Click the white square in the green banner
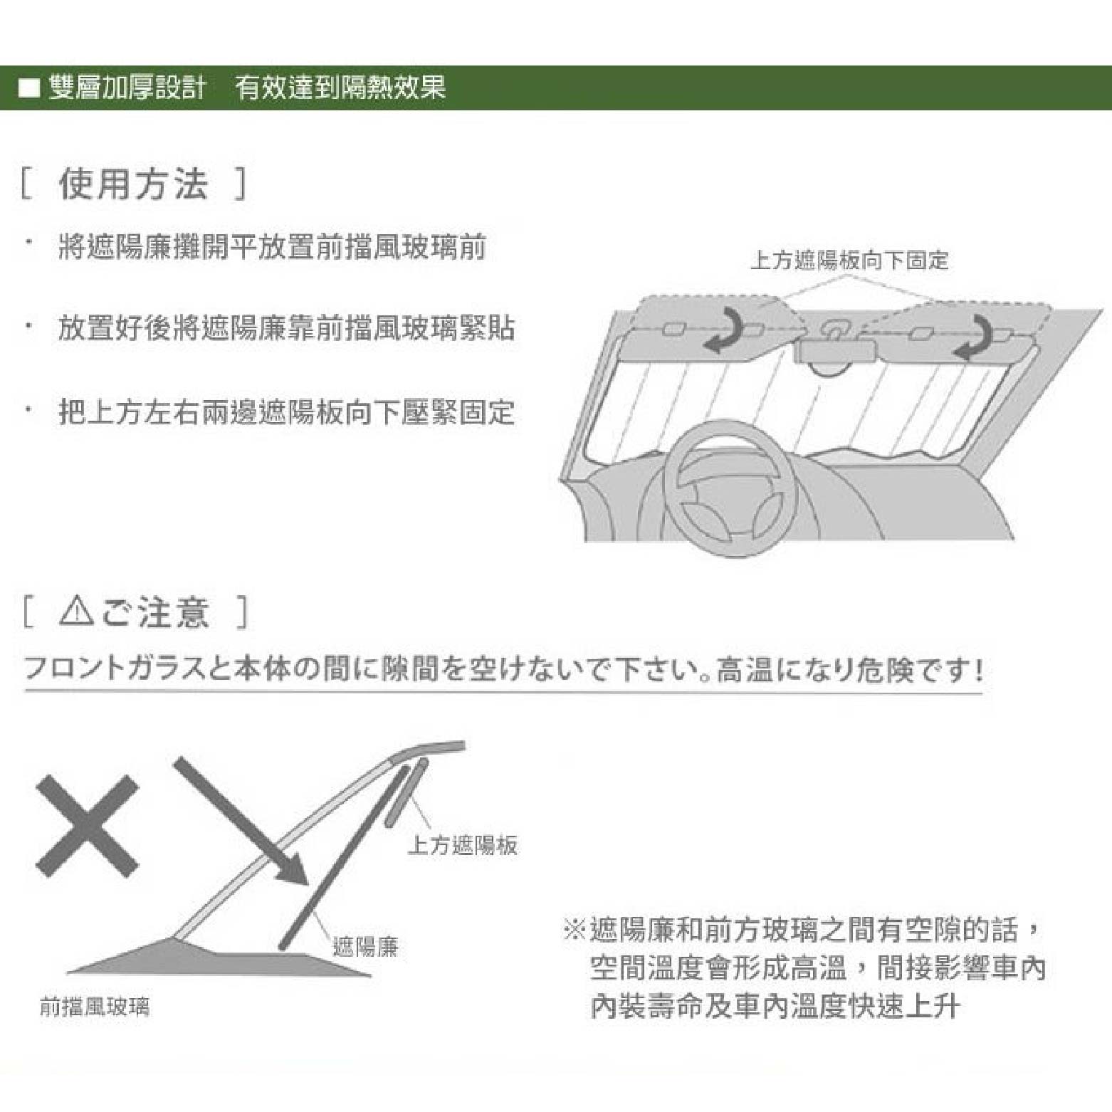click(29, 88)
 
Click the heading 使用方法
click(133, 184)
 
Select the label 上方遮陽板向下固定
click(849, 261)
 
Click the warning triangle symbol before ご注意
click(76, 612)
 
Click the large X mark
click(87, 826)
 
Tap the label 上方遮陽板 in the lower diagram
click(463, 845)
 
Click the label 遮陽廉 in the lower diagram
click(365, 947)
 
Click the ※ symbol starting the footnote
click(574, 929)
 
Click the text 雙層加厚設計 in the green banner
click(127, 88)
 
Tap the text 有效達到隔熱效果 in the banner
click(341, 88)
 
